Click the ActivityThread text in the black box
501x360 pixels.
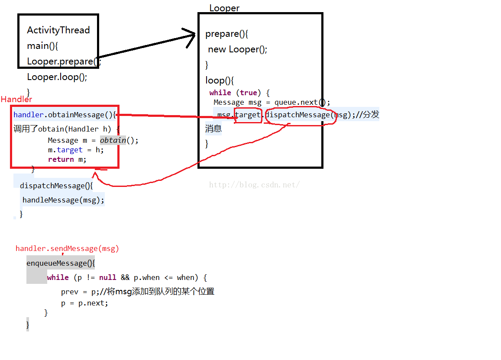[x=58, y=30]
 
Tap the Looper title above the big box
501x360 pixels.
[x=224, y=8]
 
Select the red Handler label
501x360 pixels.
[x=16, y=100]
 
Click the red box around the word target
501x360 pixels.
[x=248, y=115]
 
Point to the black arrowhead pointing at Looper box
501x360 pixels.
[x=191, y=37]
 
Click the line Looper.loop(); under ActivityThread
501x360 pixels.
[x=57, y=77]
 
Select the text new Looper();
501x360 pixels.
[x=237, y=49]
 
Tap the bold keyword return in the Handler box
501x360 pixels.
[x=61, y=159]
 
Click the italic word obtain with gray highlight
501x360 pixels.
[x=113, y=140]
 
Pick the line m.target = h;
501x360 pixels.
[x=76, y=150]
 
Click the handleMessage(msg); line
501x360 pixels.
[x=63, y=200]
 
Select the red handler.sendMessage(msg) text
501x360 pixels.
[x=67, y=248]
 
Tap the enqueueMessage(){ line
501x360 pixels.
[x=61, y=263]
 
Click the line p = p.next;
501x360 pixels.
[x=84, y=303]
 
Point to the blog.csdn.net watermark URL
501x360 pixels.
[x=254, y=185]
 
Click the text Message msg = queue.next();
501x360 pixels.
[x=272, y=103]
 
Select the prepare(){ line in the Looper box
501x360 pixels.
[x=226, y=34]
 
